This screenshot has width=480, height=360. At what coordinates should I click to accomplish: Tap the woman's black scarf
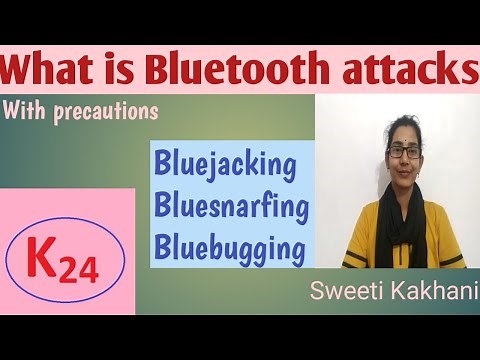[404, 225]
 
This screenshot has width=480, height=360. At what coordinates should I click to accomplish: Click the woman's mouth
[405, 177]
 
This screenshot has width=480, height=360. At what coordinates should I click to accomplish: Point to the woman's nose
[405, 162]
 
